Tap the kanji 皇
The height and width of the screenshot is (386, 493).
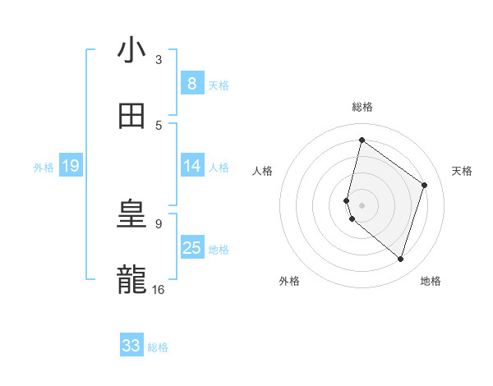[x=131, y=214]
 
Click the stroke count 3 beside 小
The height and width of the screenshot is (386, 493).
[x=159, y=60]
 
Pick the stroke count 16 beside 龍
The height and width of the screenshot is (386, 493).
[x=159, y=289]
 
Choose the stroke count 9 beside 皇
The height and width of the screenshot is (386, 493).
[x=159, y=223]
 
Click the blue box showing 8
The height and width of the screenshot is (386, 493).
[x=192, y=84]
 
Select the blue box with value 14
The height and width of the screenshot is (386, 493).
[x=192, y=166]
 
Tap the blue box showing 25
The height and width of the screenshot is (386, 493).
[x=192, y=248]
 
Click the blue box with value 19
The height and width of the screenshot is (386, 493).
[x=71, y=166]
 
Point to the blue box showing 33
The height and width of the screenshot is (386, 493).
[x=131, y=346]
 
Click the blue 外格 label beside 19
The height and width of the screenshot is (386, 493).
[x=44, y=167]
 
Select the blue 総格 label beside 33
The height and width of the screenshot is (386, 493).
[x=158, y=347]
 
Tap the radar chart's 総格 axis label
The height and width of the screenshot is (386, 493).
[x=362, y=107]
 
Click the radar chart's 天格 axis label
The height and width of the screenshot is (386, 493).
[x=462, y=171]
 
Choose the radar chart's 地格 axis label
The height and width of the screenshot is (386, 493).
[x=431, y=281]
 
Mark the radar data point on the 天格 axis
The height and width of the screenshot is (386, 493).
[x=424, y=185]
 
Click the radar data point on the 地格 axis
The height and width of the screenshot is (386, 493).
[x=400, y=259]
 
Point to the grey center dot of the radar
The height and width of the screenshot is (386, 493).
[x=362, y=204]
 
